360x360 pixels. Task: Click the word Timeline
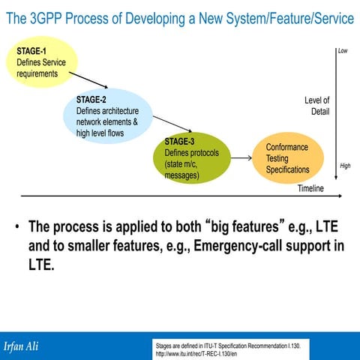click(310, 188)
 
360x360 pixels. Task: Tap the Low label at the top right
click(343, 51)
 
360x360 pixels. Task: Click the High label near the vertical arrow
click(345, 166)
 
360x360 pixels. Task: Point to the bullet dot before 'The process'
click(16, 227)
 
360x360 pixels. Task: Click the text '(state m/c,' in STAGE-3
click(184, 164)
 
